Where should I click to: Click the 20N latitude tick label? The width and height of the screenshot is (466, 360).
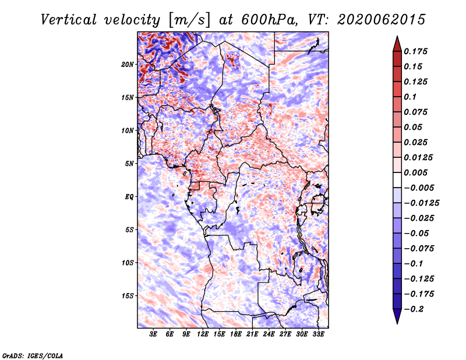coord(128,65)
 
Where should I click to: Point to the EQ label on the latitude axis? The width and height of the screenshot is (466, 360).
coord(129,197)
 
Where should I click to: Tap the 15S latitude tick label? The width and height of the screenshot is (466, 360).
coord(128,296)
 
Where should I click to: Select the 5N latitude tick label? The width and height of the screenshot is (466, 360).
coord(129,164)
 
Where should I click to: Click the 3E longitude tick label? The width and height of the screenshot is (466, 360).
coord(153,334)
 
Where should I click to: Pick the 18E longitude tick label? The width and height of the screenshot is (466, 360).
coord(236,334)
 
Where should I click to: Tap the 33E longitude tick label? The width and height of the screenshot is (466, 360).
coord(318,334)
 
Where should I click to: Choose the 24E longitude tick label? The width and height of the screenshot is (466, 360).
coord(269,334)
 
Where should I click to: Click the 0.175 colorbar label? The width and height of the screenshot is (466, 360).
coord(416,51)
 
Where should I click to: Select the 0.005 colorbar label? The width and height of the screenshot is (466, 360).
coord(416,172)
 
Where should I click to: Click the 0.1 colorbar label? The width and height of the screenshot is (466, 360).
coord(410,97)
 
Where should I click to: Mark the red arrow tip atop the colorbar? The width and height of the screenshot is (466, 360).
coord(397,36)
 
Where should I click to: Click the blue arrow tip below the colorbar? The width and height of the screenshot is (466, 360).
coord(397,323)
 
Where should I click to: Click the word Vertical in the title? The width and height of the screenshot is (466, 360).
coord(69,20)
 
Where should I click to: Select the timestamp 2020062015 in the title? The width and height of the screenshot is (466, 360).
coord(382,20)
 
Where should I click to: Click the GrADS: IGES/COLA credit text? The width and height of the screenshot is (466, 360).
coord(33,356)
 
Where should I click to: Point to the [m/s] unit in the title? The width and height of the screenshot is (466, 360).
coord(190,20)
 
